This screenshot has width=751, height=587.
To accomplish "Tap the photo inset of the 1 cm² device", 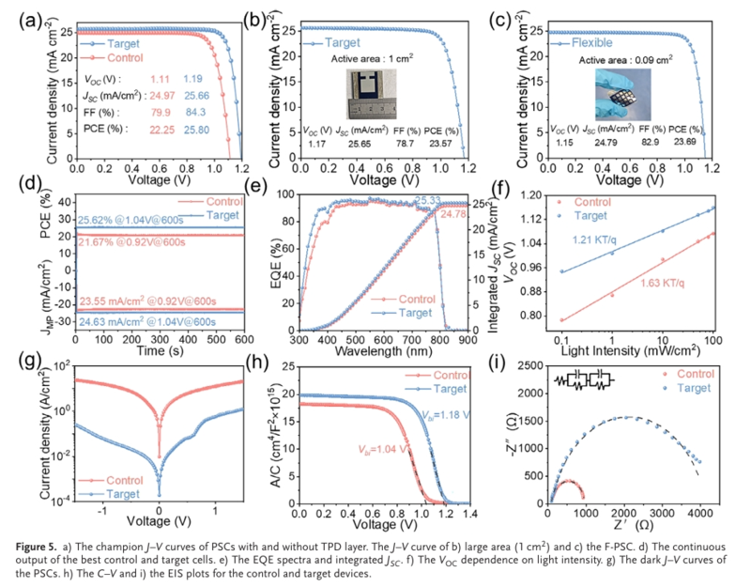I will tap(372, 93).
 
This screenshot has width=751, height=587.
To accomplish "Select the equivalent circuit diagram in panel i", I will tap(582, 380).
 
